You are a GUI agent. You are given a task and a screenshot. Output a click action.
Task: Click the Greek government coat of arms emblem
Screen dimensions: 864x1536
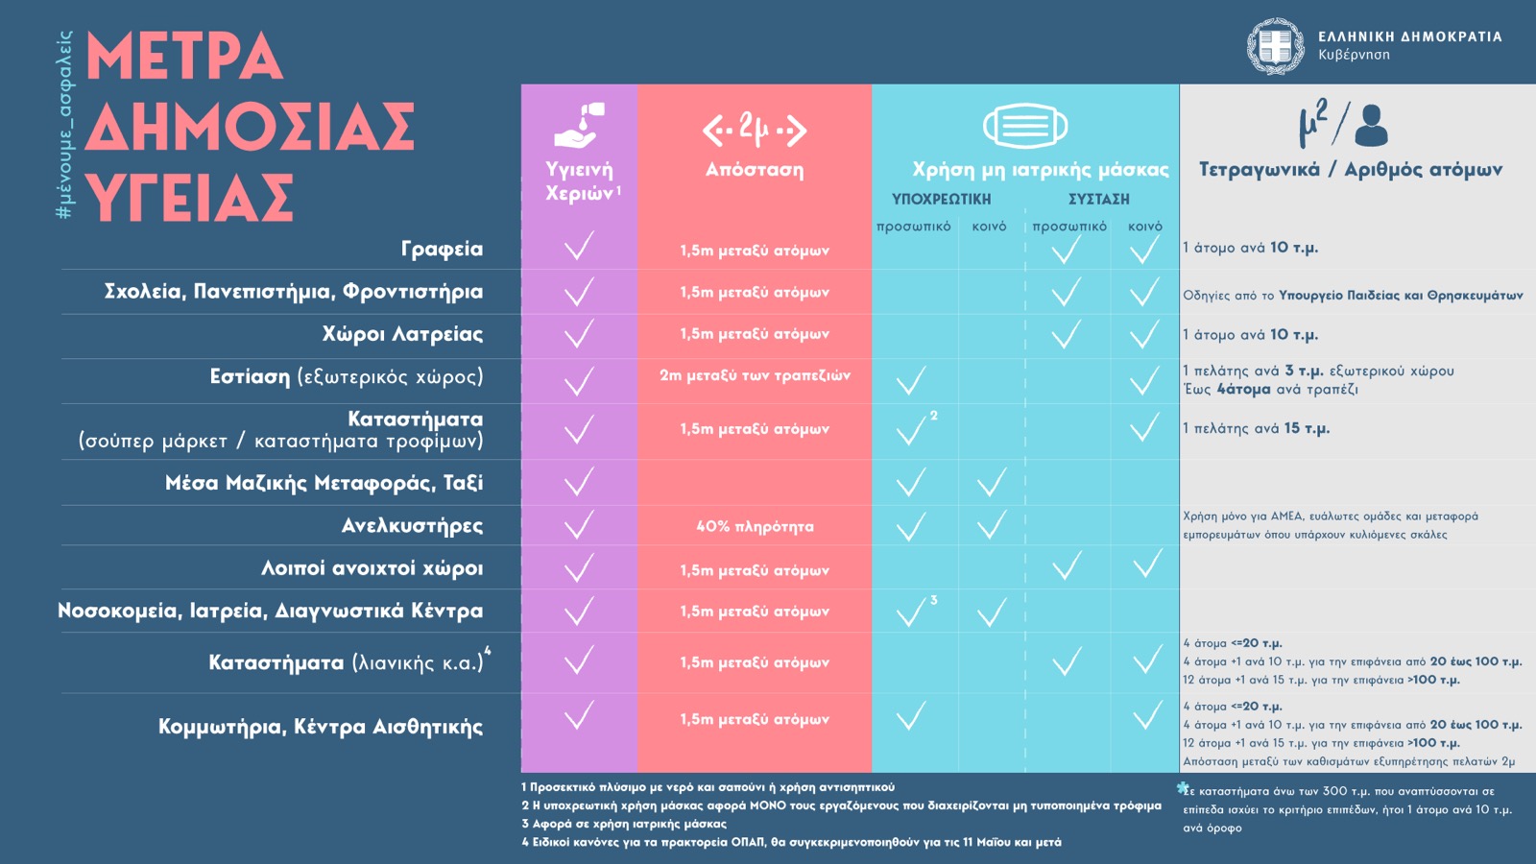[1275, 46]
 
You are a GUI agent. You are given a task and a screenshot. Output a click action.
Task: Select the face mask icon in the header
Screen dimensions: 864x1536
[1024, 126]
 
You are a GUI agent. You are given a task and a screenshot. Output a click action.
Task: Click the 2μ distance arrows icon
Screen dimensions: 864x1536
[755, 129]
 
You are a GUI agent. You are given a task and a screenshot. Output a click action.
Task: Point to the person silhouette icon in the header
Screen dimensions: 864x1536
[1371, 125]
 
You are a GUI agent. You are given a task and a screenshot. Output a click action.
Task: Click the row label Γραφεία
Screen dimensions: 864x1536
[442, 249]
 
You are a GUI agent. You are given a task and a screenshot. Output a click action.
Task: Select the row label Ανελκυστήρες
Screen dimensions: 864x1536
[412, 525]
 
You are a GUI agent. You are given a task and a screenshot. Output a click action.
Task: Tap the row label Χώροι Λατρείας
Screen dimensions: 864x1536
[402, 334]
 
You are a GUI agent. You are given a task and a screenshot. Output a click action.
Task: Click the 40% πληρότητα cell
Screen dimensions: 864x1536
[755, 526]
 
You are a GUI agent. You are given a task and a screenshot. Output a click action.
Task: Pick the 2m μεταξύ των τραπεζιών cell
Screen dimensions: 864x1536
[755, 375]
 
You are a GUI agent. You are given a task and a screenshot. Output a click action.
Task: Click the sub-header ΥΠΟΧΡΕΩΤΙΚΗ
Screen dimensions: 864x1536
[941, 199]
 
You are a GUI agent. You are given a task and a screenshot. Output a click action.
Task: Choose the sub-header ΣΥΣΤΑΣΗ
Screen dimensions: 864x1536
[1099, 199]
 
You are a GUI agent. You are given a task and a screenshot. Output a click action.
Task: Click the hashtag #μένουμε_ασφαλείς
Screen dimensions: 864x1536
[64, 125]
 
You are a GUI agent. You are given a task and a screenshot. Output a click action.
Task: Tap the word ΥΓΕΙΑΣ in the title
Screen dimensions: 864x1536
[189, 199]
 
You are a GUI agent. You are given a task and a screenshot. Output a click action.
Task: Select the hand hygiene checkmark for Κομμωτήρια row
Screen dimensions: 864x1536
[579, 716]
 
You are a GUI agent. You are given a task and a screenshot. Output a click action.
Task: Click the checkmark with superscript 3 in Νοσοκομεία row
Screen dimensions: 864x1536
[911, 612]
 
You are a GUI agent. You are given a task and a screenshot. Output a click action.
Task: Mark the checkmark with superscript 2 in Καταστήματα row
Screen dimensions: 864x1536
[911, 429]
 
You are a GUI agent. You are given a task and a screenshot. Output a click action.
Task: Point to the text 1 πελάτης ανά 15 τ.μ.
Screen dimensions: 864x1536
[1256, 428]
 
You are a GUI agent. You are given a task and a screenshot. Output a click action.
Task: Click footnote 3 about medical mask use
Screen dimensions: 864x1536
[624, 824]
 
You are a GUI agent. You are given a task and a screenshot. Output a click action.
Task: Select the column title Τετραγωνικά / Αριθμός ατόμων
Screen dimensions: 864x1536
[1351, 170]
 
